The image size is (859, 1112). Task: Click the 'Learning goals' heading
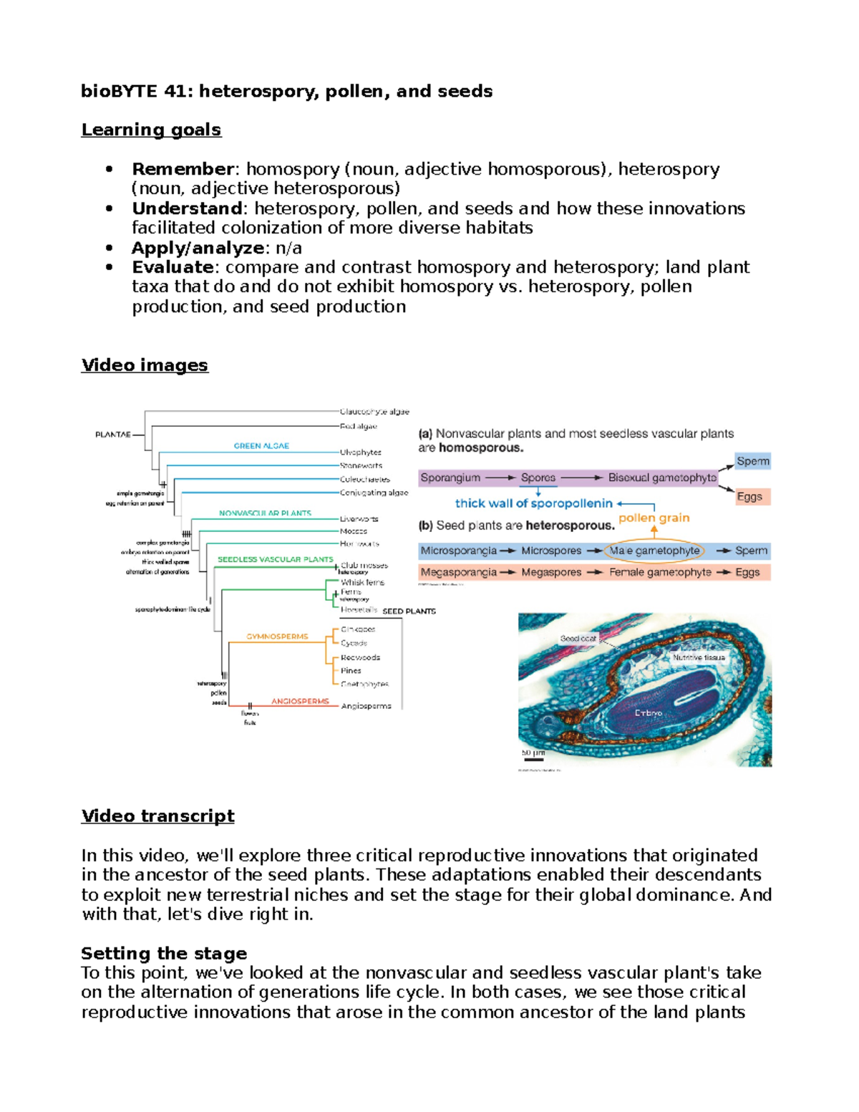pyautogui.click(x=151, y=130)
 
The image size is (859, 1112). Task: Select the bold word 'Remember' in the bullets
pyautogui.click(x=183, y=169)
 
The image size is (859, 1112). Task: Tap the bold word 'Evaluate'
pyautogui.click(x=173, y=267)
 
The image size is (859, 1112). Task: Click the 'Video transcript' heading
pyautogui.click(x=157, y=816)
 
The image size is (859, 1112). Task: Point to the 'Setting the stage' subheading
pyautogui.click(x=164, y=953)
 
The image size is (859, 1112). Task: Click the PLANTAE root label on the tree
pyautogui.click(x=113, y=434)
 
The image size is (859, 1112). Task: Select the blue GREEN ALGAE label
pyautogui.click(x=261, y=445)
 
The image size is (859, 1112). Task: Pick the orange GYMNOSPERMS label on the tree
pyautogui.click(x=277, y=637)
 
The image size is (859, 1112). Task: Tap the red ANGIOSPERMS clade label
pyautogui.click(x=300, y=701)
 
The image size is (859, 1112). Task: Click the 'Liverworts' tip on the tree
pyautogui.click(x=359, y=518)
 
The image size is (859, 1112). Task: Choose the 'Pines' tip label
pyautogui.click(x=351, y=671)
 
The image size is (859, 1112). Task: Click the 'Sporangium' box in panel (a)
pyautogui.click(x=450, y=478)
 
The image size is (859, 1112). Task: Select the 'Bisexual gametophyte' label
pyautogui.click(x=661, y=478)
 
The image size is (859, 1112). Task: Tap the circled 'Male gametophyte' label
pyautogui.click(x=654, y=551)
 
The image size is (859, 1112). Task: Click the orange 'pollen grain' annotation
pyautogui.click(x=654, y=518)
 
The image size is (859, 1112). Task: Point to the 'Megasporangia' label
pyautogui.click(x=458, y=572)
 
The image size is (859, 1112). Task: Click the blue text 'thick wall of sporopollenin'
pyautogui.click(x=533, y=503)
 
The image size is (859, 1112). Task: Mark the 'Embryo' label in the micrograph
pyautogui.click(x=649, y=713)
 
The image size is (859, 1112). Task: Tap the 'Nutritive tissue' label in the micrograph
pyautogui.click(x=699, y=657)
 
